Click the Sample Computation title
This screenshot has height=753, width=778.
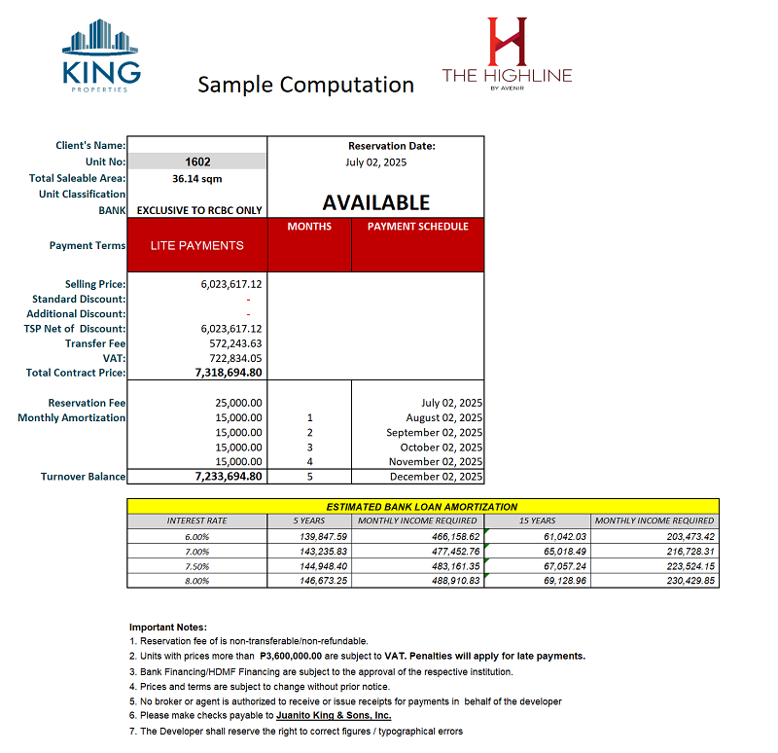tap(305, 85)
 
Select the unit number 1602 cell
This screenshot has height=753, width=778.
tap(197, 162)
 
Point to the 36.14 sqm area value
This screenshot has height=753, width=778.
tap(197, 178)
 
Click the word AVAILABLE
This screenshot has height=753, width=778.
tap(375, 202)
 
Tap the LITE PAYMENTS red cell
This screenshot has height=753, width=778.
tap(197, 245)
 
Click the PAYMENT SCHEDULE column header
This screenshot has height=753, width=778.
tap(417, 227)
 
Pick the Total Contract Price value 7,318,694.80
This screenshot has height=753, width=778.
tap(230, 373)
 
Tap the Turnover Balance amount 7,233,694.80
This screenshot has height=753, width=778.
tap(230, 477)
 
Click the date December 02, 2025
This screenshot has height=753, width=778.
tap(436, 477)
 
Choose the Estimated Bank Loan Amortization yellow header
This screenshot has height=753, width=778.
tap(422, 507)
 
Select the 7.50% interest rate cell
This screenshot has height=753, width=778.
tap(196, 565)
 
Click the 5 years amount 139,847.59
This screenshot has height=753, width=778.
tap(318, 536)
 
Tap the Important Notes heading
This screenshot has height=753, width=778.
tap(168, 627)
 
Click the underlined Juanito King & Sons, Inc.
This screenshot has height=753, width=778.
tap(334, 716)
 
